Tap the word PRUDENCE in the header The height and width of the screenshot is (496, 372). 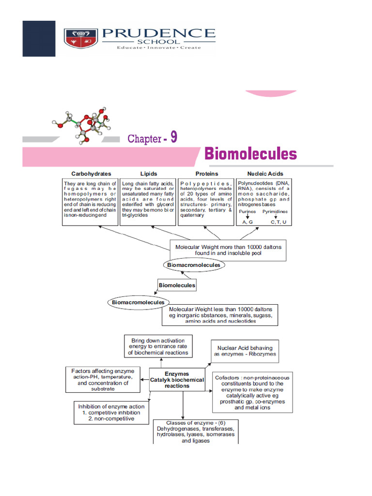pos(158,33)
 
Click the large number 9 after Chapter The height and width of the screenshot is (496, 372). pos(173,137)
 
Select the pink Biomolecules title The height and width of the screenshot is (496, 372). pos(250,154)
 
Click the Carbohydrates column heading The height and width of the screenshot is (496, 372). pos(91,173)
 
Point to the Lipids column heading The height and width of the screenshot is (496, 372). pos(148,173)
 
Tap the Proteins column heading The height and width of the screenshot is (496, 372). pos(206,173)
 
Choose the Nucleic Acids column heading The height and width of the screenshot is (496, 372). pos(265,173)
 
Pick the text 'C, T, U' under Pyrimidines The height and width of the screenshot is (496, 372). pos(278,222)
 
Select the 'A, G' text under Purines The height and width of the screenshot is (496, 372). pos(248,222)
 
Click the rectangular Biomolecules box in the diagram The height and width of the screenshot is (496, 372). pos(177,285)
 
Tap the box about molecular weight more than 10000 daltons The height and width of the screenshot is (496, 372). pos(228,250)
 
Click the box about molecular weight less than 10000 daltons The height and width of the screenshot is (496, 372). pos(220,315)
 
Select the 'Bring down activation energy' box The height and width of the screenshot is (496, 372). pos(158,347)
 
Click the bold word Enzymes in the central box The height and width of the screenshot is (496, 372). pos(177,374)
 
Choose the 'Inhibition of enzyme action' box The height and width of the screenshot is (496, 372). pos(111,413)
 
